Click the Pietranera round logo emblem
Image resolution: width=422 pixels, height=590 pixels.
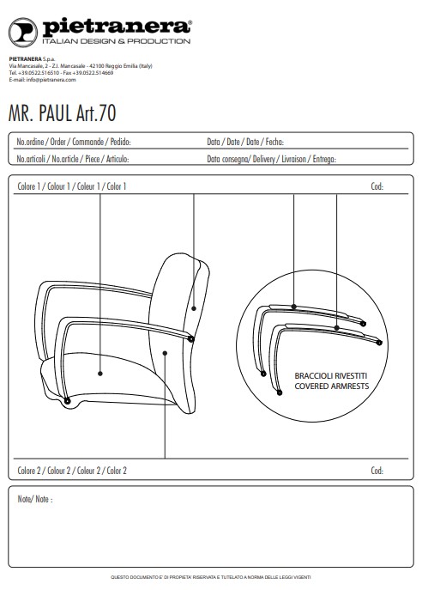click(x=23, y=33)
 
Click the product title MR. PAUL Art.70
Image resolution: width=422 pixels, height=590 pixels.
click(x=63, y=113)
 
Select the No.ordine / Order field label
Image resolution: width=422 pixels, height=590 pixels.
click(x=74, y=142)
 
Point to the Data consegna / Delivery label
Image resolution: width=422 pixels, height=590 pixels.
click(x=271, y=159)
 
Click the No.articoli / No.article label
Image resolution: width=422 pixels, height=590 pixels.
click(x=73, y=159)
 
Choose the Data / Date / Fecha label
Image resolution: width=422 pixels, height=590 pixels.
click(x=245, y=142)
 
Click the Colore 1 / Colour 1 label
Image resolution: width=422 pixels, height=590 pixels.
click(x=72, y=186)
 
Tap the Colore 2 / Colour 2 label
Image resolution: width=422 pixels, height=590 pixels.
click(x=72, y=471)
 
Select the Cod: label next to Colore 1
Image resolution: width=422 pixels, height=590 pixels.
click(x=377, y=186)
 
